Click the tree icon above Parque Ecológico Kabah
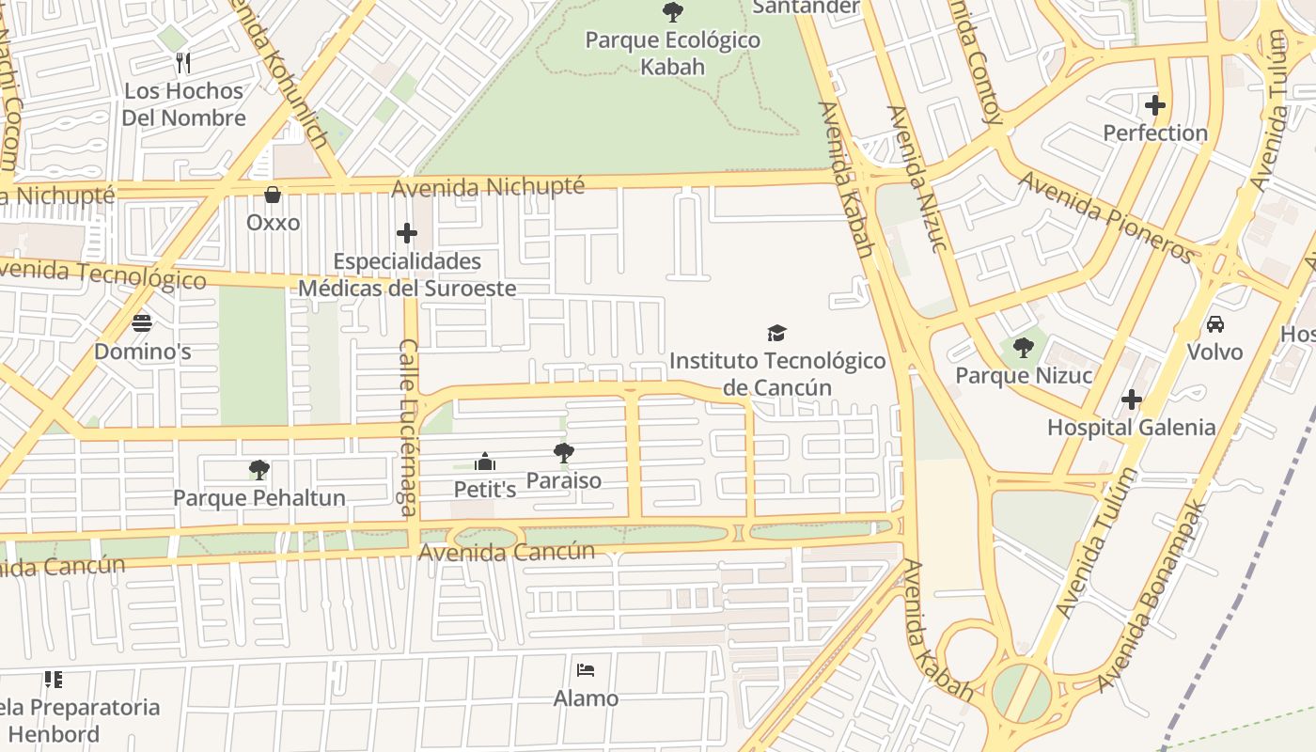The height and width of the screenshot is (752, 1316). click(672, 12)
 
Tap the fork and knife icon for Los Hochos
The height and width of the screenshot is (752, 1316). click(183, 63)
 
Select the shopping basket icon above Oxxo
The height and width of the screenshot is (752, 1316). click(273, 195)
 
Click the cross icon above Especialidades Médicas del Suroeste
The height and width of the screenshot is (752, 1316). click(407, 232)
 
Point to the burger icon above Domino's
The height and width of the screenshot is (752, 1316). click(142, 323)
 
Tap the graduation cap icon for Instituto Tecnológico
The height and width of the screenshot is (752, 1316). click(776, 333)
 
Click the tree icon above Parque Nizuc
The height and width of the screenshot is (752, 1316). click(1024, 348)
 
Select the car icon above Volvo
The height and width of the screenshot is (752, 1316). click(1214, 324)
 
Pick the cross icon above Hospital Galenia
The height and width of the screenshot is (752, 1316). click(1132, 399)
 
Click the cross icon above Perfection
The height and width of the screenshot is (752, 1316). click(1155, 104)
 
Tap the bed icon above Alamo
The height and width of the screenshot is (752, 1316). click(586, 670)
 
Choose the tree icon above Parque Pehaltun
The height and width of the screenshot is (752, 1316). click(259, 469)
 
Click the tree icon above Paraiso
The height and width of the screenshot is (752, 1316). click(564, 453)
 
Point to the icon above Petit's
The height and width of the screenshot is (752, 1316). click(485, 462)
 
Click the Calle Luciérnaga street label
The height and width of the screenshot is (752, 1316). click(408, 428)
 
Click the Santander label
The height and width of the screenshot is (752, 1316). click(807, 8)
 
